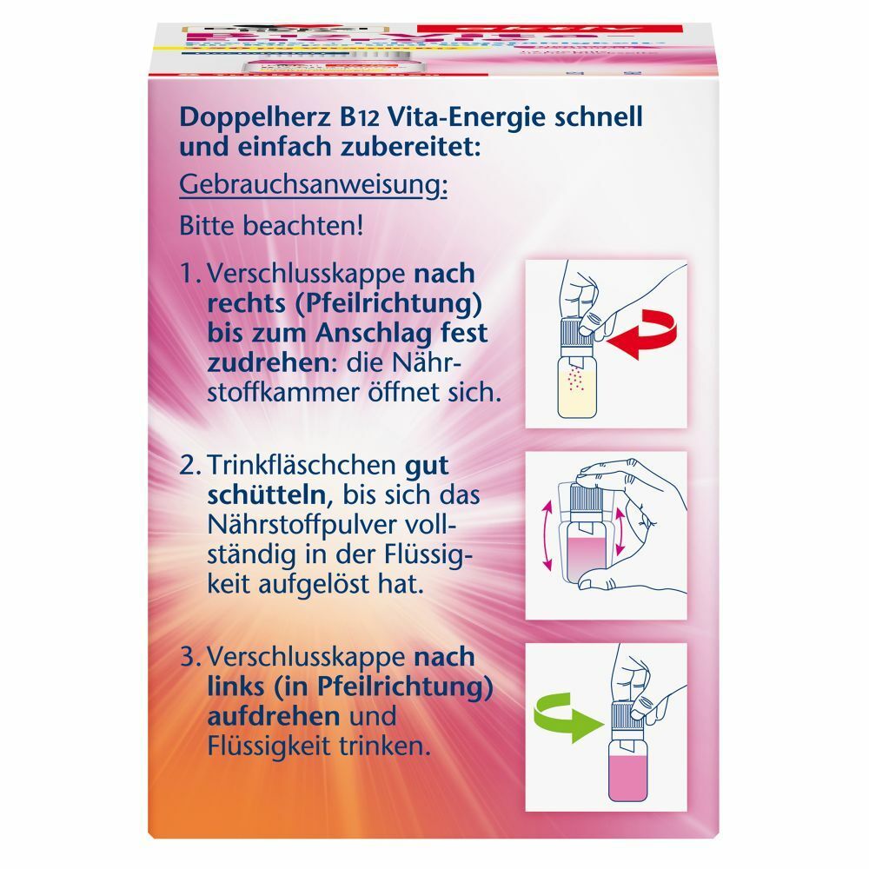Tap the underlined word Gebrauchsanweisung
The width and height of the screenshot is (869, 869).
(x=313, y=185)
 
